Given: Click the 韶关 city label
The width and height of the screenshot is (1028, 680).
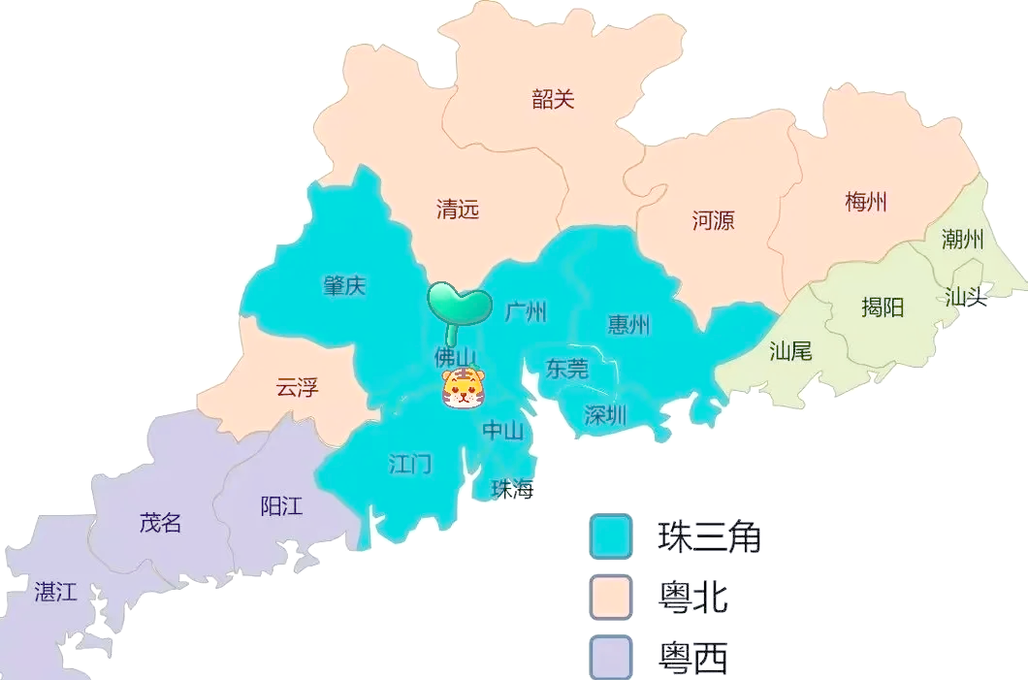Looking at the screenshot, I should point(553,99).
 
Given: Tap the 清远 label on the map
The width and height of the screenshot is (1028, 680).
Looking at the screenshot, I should point(458,210).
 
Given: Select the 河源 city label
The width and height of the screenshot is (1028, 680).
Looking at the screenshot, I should point(713,220).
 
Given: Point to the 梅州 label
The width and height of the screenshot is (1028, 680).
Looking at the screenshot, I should point(866,203).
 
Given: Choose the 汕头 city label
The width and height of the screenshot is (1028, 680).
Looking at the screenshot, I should point(966,297).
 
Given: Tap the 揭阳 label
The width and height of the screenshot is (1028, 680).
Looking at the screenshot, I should point(883,308).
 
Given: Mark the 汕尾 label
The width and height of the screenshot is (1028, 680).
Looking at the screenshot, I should point(790,350).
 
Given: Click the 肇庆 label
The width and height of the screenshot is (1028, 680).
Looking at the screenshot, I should point(344,286).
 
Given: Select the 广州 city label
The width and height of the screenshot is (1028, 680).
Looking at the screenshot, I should point(526,311).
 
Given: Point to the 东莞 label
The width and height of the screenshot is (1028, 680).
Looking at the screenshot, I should point(566,369).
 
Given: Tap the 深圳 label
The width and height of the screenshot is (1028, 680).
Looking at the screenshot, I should point(605,415).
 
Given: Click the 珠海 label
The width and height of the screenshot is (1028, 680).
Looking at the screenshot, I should point(512,489).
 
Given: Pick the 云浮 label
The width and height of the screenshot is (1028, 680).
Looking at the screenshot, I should point(297,388).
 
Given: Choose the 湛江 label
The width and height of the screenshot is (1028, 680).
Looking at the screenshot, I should point(55,592).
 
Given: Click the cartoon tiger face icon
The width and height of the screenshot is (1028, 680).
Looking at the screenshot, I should point(464,388).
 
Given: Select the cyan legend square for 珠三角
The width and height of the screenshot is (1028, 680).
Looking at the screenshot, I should point(611,536).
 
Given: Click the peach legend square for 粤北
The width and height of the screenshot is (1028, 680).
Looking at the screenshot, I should point(611,598).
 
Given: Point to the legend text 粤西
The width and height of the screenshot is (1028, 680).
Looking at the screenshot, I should point(692,658).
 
